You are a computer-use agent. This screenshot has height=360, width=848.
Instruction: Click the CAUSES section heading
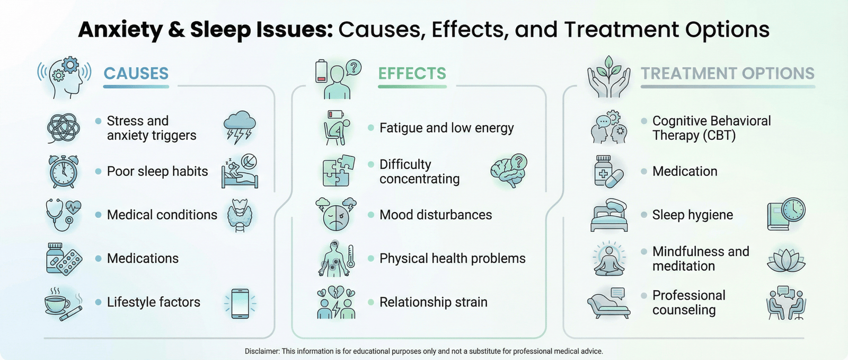(x=136, y=74)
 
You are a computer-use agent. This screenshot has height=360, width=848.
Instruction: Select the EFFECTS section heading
(x=412, y=74)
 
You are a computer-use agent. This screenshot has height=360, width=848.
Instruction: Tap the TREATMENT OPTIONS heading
(x=727, y=74)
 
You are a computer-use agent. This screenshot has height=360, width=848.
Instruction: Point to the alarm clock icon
(x=64, y=171)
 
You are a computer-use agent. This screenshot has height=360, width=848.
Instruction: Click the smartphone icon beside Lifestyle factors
(x=240, y=303)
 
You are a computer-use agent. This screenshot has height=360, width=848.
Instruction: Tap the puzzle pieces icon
(x=339, y=171)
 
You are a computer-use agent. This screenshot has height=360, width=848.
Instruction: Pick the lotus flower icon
(x=786, y=260)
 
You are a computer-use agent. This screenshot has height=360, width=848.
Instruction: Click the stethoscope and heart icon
(x=64, y=215)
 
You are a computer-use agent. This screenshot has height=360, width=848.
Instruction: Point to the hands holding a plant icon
(x=609, y=77)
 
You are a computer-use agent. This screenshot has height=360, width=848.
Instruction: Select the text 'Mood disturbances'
(x=436, y=215)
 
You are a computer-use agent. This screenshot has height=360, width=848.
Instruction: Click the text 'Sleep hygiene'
(x=692, y=215)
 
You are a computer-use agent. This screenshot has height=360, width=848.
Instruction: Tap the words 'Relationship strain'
(x=434, y=302)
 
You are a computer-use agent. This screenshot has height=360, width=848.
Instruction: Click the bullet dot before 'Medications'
(x=99, y=259)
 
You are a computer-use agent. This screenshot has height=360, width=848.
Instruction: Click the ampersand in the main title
(x=176, y=30)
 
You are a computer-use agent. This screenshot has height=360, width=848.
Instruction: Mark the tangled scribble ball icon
(x=63, y=128)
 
